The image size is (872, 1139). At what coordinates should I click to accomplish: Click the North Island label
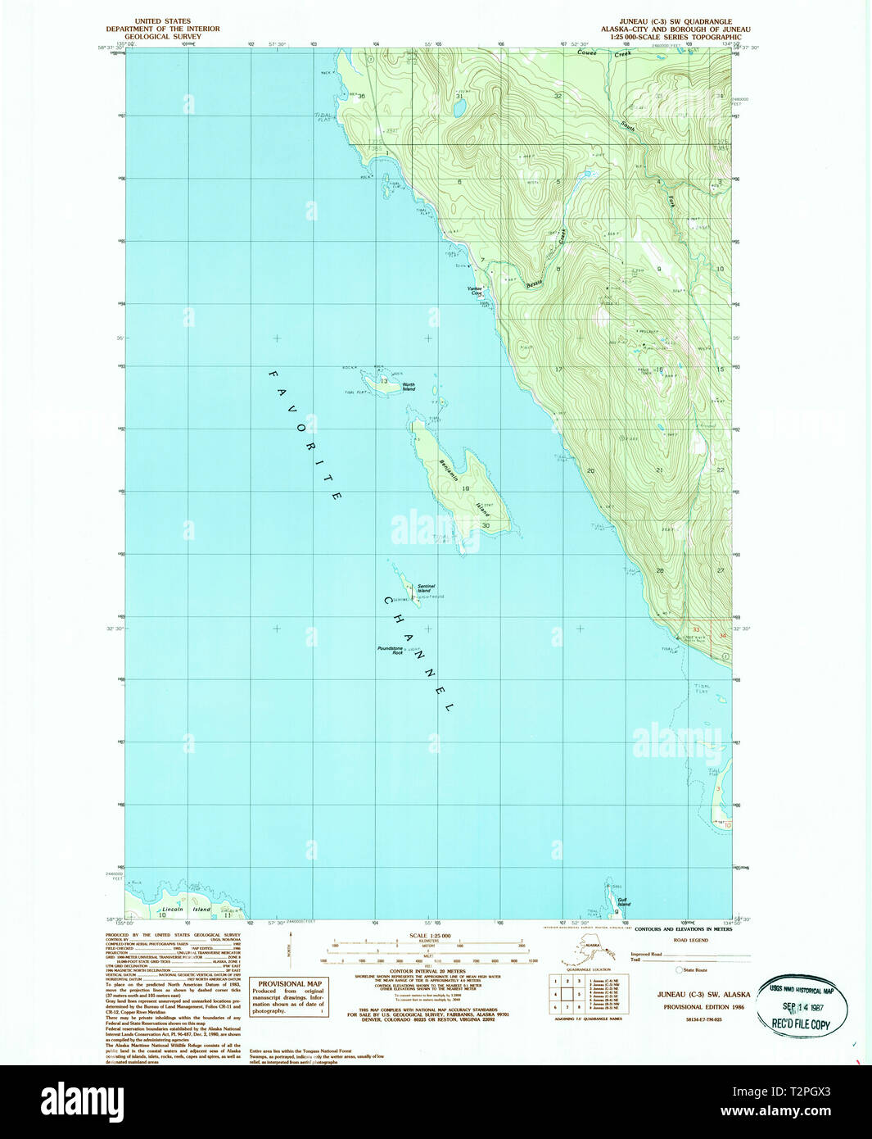pos(408,387)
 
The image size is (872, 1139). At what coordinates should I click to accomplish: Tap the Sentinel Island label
pos(426,588)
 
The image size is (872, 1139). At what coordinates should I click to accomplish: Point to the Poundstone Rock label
pos(390,650)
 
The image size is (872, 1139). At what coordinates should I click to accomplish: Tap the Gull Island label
pos(624,902)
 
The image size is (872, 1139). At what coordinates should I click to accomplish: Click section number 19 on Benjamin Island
pos(465,488)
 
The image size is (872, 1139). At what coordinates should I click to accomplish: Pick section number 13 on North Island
pos(382,380)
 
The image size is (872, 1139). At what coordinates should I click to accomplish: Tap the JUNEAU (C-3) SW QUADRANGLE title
pos(677,21)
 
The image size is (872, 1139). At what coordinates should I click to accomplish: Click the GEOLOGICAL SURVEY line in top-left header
pos(162,36)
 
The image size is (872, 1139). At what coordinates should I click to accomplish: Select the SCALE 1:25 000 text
pos(430,935)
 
